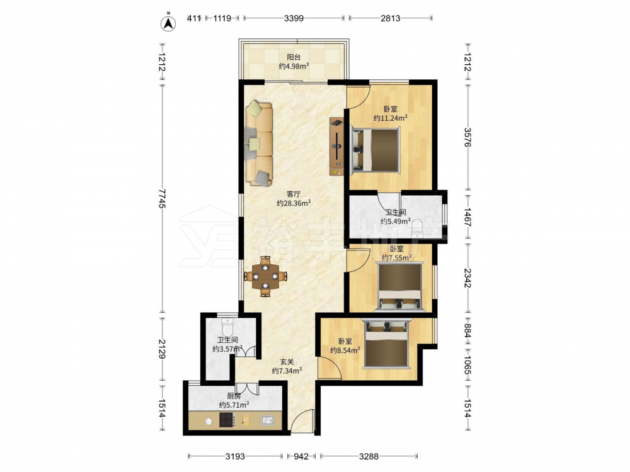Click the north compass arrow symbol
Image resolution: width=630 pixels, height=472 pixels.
(x=169, y=23)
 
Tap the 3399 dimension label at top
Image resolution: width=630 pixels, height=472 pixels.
(x=294, y=18)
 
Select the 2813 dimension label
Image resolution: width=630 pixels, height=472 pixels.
(x=390, y=18)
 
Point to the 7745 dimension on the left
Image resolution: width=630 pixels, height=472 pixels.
(x=162, y=199)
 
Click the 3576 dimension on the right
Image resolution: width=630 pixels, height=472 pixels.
(x=467, y=137)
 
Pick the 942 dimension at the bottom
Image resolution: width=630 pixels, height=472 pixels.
(x=301, y=456)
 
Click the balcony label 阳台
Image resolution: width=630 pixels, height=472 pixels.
(x=294, y=57)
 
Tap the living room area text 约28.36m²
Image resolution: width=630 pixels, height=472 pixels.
(x=294, y=203)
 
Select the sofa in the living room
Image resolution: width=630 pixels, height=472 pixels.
(x=259, y=143)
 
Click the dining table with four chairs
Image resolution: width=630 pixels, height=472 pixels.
(x=266, y=276)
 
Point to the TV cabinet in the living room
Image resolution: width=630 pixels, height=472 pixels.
(x=336, y=146)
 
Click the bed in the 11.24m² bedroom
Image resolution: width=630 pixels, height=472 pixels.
(x=375, y=150)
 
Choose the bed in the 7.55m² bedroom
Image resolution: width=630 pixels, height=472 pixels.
(x=400, y=286)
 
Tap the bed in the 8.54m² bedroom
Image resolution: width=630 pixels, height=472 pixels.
(x=387, y=344)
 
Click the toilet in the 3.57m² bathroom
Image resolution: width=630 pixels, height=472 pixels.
(x=227, y=326)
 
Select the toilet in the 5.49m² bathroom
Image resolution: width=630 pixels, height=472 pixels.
(x=418, y=227)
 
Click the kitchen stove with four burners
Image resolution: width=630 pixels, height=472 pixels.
(x=227, y=420)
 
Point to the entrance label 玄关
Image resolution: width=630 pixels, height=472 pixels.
(x=287, y=362)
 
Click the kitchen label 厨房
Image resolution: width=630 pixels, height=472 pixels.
(x=234, y=396)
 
